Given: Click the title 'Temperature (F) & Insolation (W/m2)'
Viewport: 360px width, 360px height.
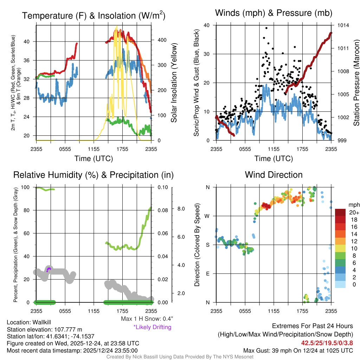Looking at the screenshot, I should (94, 16).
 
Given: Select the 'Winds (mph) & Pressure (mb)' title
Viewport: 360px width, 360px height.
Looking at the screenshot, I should (274, 13).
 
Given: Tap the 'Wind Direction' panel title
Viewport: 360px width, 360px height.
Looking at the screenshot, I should (274, 175).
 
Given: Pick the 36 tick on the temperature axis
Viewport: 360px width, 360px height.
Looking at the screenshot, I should (30, 60).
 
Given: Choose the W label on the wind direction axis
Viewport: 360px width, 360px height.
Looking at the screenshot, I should (207, 216).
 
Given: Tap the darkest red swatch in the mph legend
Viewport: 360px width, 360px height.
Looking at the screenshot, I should (340, 212).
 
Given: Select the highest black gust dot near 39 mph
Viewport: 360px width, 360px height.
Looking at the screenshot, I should (266, 28).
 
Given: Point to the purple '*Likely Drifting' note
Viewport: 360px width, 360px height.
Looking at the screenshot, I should (152, 327).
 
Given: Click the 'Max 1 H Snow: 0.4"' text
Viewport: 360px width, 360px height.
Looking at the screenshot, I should (147, 319).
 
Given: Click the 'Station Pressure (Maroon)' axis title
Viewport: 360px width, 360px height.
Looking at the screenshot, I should (356, 83).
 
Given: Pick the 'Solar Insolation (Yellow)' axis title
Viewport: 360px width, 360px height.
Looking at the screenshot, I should (174, 83).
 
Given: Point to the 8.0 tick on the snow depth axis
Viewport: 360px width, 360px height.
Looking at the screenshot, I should (181, 209).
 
